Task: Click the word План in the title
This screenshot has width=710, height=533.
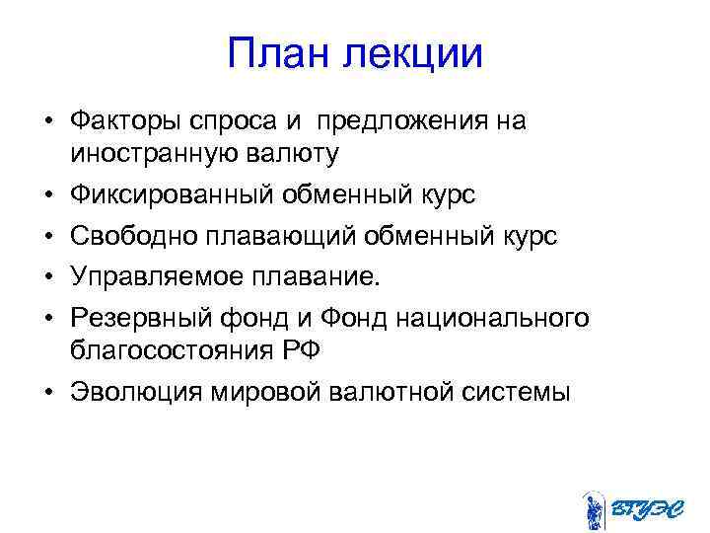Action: pyautogui.click(x=279, y=53)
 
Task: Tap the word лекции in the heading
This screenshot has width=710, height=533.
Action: pyautogui.click(x=413, y=53)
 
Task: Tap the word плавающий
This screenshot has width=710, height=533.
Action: pyautogui.click(x=261, y=236)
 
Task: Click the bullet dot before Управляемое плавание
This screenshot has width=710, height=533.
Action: pyautogui.click(x=47, y=277)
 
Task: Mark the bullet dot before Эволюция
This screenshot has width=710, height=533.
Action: pyautogui.click(x=47, y=392)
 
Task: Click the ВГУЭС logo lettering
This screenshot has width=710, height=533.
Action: pyautogui.click(x=644, y=508)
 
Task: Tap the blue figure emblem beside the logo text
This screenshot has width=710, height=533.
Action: pyautogui.click(x=593, y=509)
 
